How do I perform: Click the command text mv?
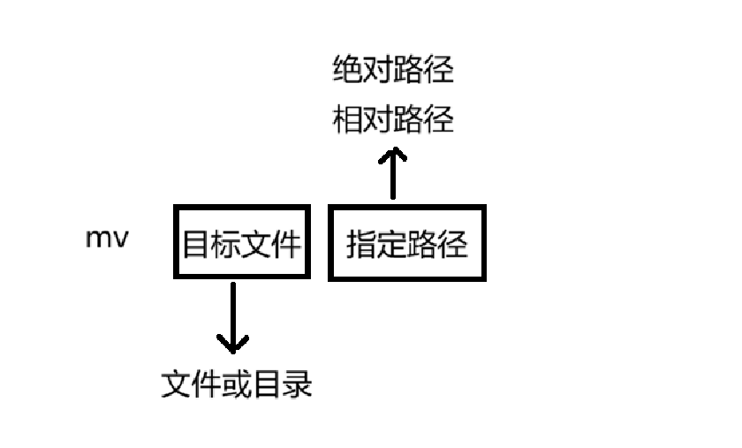[107, 239]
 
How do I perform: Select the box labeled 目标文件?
[242, 243]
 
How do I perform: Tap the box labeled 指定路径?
[407, 244]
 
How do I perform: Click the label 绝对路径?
[393, 70]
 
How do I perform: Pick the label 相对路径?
[393, 119]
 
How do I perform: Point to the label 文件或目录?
[237, 384]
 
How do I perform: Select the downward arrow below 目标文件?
[232, 318]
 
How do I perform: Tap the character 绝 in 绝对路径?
[348, 70]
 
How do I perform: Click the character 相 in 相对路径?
[348, 119]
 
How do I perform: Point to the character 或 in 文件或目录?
[237, 384]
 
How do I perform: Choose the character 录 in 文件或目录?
[298, 384]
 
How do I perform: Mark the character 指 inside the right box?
[361, 245]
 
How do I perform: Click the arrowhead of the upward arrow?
[393, 156]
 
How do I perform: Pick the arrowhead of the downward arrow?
[232, 343]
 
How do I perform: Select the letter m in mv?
[98, 239]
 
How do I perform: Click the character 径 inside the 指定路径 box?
[452, 245]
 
